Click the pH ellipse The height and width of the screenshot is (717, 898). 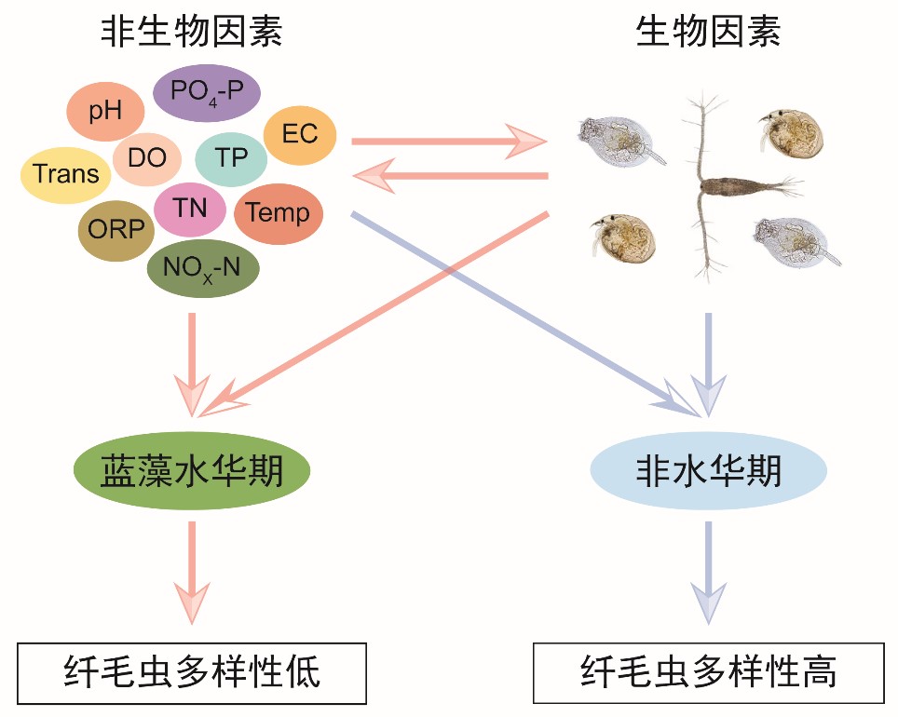click(x=105, y=112)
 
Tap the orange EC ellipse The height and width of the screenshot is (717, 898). click(x=299, y=134)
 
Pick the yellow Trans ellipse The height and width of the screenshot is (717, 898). click(x=65, y=174)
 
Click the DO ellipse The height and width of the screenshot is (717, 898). click(x=146, y=158)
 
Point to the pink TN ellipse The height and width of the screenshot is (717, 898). click(x=190, y=210)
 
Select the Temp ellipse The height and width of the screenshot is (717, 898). click(x=278, y=214)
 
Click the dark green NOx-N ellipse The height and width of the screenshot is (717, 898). click(x=202, y=268)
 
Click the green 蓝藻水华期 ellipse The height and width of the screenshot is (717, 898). click(x=191, y=472)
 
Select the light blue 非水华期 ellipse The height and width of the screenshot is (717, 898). click(x=708, y=472)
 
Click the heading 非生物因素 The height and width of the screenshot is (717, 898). click(x=192, y=33)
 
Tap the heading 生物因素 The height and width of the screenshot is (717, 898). click(x=707, y=33)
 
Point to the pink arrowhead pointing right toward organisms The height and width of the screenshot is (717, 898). click(x=527, y=142)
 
